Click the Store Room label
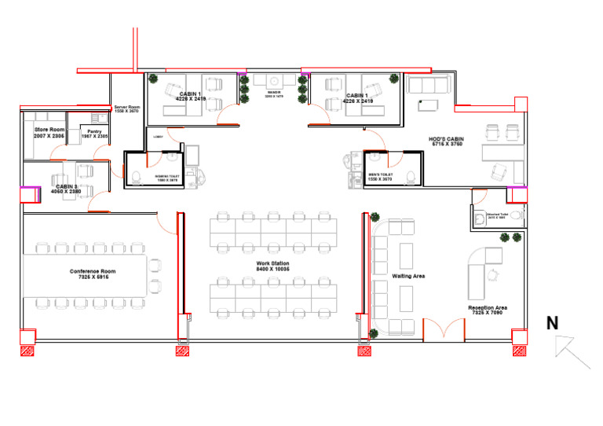coord(49,133)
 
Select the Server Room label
coord(126,108)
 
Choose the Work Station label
coord(273,266)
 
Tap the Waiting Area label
coord(408,277)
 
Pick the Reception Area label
coord(487,310)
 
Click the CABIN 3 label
coord(65,189)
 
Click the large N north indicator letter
coord(552,322)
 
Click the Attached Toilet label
coord(496,215)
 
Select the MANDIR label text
coord(274,94)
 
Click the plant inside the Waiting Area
coord(375,216)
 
